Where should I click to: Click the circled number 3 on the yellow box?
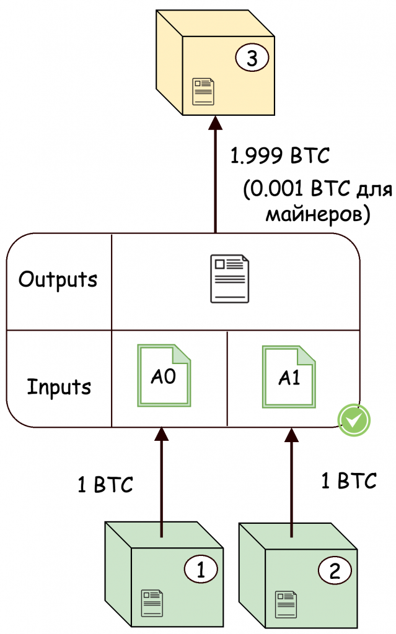point(251,59)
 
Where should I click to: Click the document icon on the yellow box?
point(203,91)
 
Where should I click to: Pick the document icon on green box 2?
point(286,602)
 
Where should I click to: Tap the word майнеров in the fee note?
point(317,215)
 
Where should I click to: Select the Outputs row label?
point(58,280)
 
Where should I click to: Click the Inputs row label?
point(59,387)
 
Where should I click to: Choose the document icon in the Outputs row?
point(229,280)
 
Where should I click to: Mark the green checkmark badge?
point(354,420)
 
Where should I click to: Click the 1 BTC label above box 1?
point(105,485)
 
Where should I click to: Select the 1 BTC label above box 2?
point(349,480)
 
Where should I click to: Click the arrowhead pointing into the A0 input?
point(161,434)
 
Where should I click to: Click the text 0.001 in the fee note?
point(276,190)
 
